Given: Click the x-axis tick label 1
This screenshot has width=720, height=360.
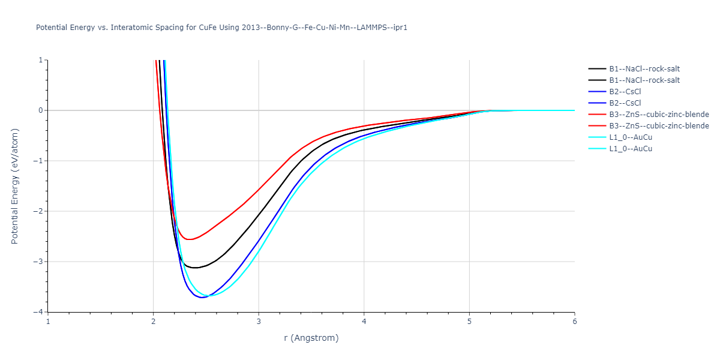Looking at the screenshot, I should pyautogui.click(x=48, y=321).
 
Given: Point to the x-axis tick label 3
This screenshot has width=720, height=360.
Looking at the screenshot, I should pyautogui.click(x=259, y=321).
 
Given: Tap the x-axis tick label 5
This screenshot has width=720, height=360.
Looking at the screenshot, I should pyautogui.click(x=469, y=321).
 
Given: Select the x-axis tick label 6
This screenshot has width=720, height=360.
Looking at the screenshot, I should pyautogui.click(x=574, y=321).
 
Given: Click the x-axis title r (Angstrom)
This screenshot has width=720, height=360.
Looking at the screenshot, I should pyautogui.click(x=311, y=338).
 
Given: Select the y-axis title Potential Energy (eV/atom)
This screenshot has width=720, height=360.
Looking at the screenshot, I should pyautogui.click(x=15, y=186).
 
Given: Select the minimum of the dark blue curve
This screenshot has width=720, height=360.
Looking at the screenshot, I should pyautogui.click(x=202, y=298).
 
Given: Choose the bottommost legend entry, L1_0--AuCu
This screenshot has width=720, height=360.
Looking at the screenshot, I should pyautogui.click(x=631, y=149).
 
